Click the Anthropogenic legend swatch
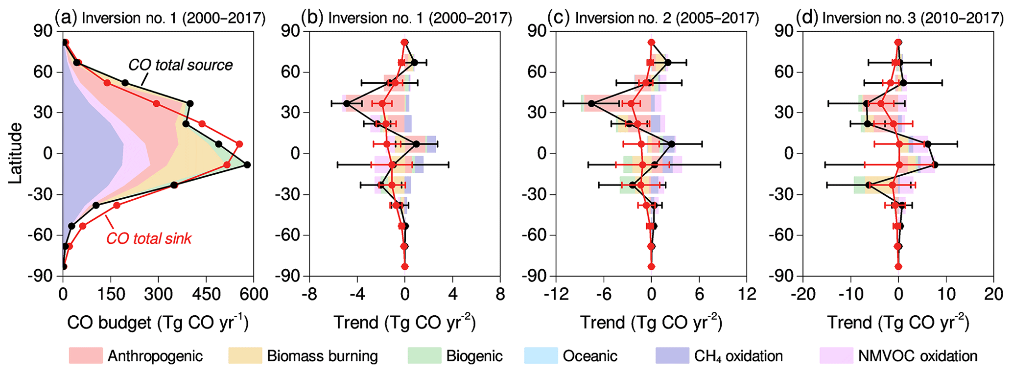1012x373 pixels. tap(86, 356)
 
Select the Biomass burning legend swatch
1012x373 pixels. tap(245, 356)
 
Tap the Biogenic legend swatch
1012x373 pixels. tap(424, 356)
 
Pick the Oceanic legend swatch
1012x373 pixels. tap(541, 356)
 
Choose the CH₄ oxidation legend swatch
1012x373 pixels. tap(672, 356)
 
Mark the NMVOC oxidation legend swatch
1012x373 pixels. tap(836, 356)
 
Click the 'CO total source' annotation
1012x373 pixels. tap(180, 65)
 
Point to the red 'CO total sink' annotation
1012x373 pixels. tap(149, 238)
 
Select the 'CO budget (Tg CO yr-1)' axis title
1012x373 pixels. tap(158, 323)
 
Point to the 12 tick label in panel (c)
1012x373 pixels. tap(746, 294)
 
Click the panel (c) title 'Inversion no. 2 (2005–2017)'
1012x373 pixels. tap(667, 19)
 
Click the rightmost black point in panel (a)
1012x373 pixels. tap(247, 165)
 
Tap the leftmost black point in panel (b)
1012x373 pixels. tap(347, 104)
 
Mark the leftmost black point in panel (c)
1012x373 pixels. tap(591, 104)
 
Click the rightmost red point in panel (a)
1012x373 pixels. tap(239, 144)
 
